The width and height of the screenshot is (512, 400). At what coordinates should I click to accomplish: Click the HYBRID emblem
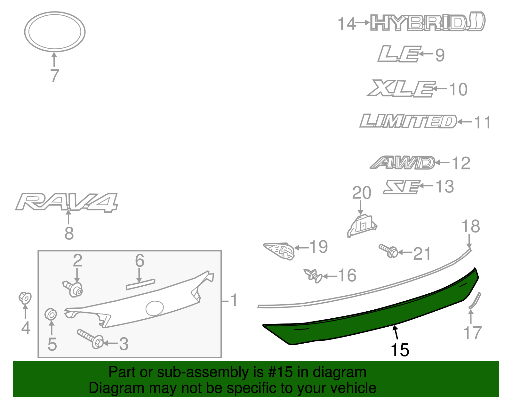(427, 22)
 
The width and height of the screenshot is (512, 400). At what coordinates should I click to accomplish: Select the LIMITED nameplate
(408, 121)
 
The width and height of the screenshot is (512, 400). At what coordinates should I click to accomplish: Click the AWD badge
(403, 163)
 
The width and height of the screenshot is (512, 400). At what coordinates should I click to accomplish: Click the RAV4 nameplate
(67, 202)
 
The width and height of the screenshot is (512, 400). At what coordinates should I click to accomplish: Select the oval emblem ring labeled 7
(55, 32)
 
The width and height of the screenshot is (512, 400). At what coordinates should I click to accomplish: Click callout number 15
(400, 350)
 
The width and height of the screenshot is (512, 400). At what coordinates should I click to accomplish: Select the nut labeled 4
(25, 298)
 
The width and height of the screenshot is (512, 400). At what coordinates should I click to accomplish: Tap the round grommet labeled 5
(51, 314)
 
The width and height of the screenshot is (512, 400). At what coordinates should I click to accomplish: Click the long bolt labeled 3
(91, 339)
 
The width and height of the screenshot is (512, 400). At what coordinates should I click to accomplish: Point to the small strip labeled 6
(140, 284)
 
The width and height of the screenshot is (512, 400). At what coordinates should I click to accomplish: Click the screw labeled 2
(73, 288)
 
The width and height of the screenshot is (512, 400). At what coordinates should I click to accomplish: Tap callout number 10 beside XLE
(458, 89)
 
